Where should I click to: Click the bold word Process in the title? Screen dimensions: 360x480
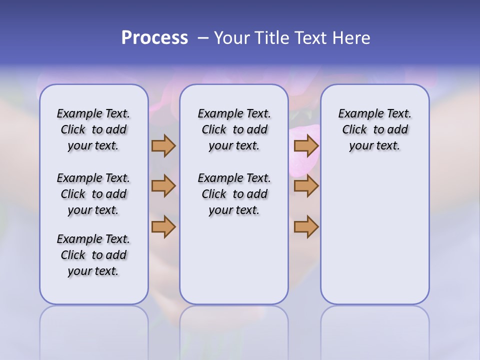coord(154,38)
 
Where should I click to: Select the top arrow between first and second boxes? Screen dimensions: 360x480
coord(163,145)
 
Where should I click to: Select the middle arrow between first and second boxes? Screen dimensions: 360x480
coord(163,186)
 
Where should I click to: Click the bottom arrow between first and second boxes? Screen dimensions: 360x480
coord(163,227)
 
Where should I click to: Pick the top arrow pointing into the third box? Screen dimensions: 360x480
coord(306,145)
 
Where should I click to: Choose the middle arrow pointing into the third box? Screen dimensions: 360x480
coord(306,186)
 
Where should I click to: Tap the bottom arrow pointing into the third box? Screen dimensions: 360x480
coord(306,227)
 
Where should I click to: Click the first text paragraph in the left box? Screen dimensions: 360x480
coord(93,129)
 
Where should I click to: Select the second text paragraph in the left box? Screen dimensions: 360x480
coord(93,194)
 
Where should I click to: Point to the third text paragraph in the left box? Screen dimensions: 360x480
coord(93,255)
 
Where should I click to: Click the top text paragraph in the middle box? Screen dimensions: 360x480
coord(234,129)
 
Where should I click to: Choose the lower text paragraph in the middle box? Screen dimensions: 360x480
coord(234,194)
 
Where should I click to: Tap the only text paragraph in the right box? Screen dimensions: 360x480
coord(374,129)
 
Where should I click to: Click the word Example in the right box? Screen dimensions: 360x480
coord(356,114)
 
